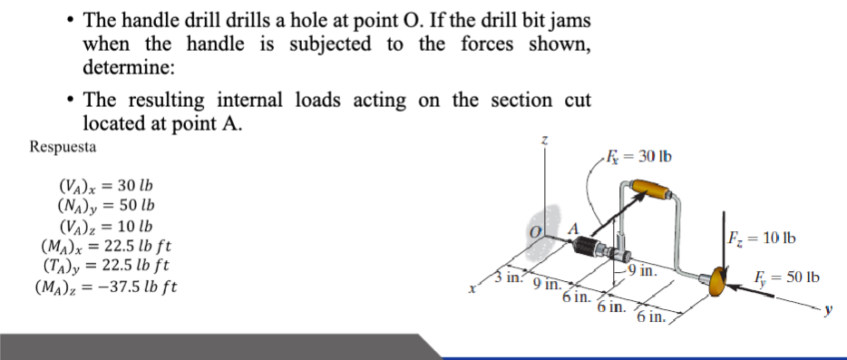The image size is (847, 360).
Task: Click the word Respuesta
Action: coord(63,146)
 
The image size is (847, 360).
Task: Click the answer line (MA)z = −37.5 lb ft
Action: coord(105,287)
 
